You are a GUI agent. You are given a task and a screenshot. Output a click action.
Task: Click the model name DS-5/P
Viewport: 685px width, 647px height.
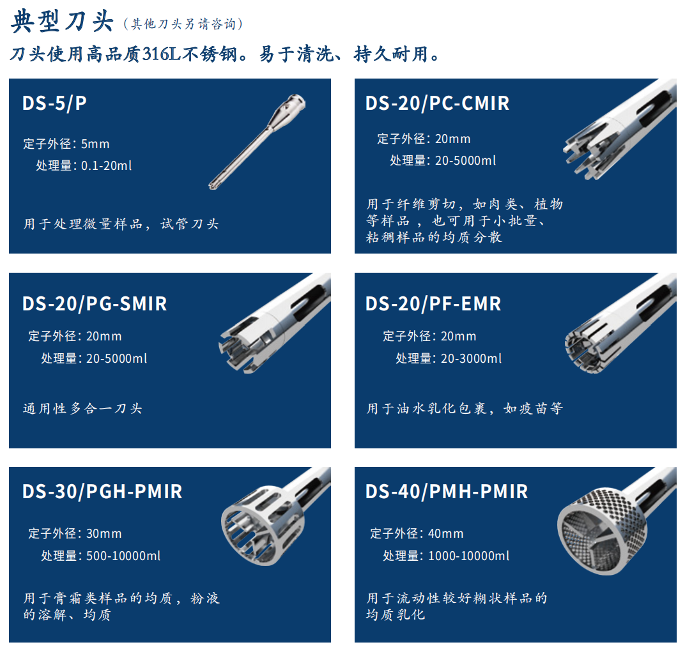tap(54, 103)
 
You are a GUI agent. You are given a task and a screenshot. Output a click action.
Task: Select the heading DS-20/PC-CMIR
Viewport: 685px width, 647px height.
tap(437, 103)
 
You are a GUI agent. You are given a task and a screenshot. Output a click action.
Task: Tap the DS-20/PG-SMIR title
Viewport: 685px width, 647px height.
tap(95, 304)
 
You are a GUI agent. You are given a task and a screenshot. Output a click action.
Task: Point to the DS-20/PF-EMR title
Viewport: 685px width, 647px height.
tap(433, 304)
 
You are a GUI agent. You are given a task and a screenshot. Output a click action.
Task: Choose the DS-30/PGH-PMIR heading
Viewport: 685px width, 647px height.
tap(102, 492)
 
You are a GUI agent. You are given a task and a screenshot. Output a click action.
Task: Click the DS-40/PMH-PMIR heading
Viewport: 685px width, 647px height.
tap(447, 492)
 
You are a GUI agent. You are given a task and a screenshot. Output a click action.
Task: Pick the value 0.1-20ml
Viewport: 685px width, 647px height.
tap(107, 166)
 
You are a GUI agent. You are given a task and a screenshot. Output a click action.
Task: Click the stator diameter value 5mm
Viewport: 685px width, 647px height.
tap(95, 144)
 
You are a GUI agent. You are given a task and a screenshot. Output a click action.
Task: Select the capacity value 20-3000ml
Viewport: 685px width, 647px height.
tap(472, 359)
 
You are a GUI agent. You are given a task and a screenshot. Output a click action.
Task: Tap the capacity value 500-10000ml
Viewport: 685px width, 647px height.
tap(123, 556)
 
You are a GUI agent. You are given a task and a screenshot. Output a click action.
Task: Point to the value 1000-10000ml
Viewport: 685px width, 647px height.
tap(469, 556)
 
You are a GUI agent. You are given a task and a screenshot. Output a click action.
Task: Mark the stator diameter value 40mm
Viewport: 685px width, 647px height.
tap(445, 533)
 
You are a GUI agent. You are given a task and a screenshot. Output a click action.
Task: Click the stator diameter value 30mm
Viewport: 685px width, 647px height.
tap(104, 533)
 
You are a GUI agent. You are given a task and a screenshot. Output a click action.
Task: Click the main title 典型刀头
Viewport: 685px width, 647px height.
tap(61, 21)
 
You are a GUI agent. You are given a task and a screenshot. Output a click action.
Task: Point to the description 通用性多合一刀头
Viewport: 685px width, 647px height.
tap(82, 409)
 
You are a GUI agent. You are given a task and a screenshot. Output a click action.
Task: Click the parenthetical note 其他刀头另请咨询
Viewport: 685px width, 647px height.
tap(183, 24)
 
